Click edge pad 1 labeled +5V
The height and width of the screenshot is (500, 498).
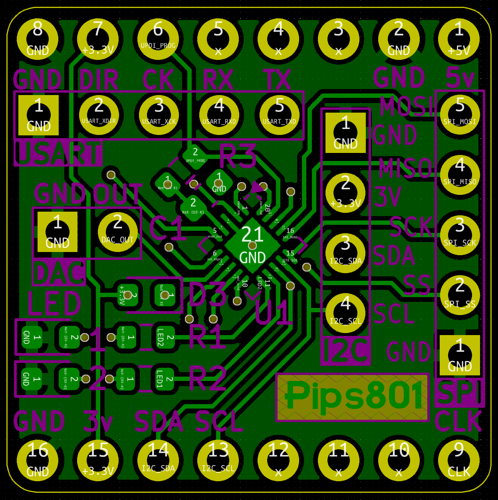(x=459, y=39)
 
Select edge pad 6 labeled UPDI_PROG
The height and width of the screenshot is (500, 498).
(x=158, y=39)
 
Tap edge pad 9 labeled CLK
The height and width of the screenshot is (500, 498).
(x=459, y=460)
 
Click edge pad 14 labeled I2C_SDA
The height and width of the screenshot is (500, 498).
(x=158, y=460)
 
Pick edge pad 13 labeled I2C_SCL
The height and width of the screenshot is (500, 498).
(x=218, y=460)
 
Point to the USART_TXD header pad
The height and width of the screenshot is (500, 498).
(x=279, y=115)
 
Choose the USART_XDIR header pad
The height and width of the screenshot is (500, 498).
(x=99, y=115)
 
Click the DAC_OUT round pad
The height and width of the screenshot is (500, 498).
(x=117, y=232)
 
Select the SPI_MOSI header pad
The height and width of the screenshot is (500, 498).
(x=460, y=115)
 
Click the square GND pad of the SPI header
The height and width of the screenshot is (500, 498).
(x=460, y=355)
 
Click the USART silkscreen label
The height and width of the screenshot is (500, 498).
(x=58, y=153)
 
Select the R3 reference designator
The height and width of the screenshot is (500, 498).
(x=238, y=156)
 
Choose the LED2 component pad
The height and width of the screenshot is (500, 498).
(x=165, y=337)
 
